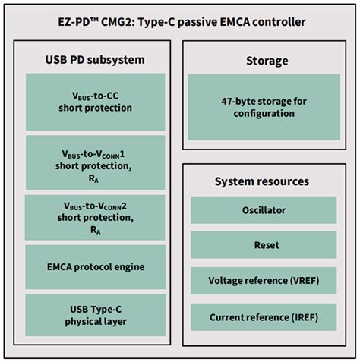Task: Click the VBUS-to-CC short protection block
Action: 95,101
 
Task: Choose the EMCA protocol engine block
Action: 95,266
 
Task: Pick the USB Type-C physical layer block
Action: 95,315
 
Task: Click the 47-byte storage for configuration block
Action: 264,107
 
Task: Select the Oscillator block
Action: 264,209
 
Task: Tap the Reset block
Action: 264,245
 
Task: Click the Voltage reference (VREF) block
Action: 264,280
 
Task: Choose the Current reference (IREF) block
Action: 264,316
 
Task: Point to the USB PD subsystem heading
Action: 95,60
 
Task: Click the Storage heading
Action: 264,60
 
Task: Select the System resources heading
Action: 264,181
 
